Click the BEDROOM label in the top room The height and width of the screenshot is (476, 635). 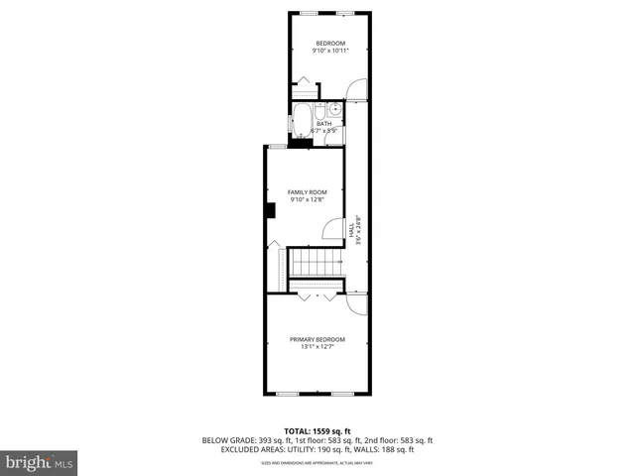coord(330,42)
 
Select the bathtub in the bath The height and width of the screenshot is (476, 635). coord(302,124)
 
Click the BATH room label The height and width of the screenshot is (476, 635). coord(324,124)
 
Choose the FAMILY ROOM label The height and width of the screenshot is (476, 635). coord(307,192)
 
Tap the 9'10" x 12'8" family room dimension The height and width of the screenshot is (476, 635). coord(307,200)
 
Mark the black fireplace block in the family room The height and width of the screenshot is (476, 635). coord(269,209)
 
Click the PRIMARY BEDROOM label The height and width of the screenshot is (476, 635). coord(317,339)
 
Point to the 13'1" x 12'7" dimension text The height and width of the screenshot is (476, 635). coord(317,347)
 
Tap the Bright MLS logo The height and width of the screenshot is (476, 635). coord(40,462)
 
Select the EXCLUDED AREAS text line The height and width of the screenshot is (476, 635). coord(317,449)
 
